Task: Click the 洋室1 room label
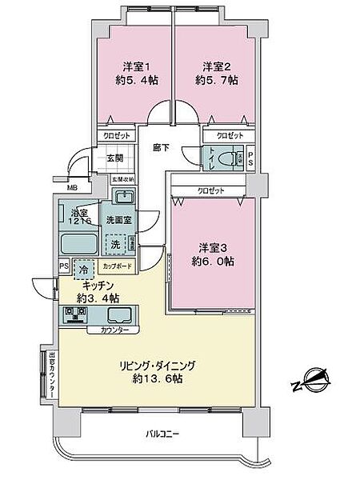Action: [x=133, y=66]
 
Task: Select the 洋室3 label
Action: [x=211, y=246]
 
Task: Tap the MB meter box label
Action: [x=73, y=188]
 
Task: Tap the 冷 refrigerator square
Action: [x=84, y=269]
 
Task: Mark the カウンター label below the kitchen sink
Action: [x=116, y=329]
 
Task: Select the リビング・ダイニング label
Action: [x=157, y=365]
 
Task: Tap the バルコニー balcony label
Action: [x=163, y=434]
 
